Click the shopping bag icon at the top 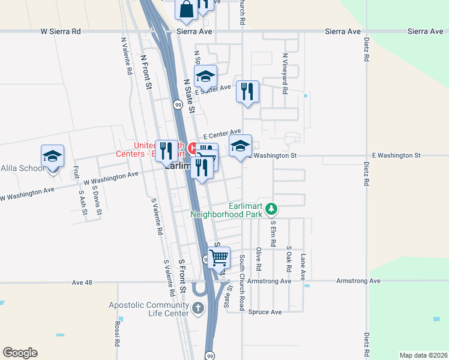186,8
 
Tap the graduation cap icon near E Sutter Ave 205,76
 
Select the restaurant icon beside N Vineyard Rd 247,92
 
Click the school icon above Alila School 52,156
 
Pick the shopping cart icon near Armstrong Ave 219,257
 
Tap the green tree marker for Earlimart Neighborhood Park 272,209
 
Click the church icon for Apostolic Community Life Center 198,309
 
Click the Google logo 20,353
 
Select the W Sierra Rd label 60,31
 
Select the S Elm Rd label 273,234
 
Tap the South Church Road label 242,283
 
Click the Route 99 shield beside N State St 178,104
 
